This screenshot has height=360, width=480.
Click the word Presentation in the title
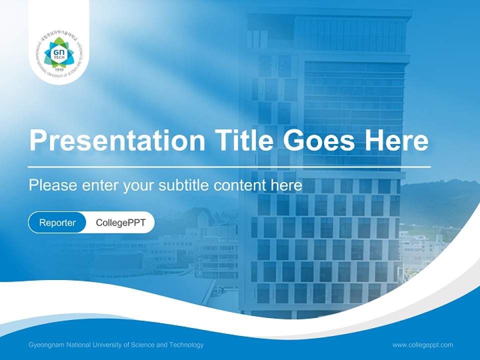pos(117,141)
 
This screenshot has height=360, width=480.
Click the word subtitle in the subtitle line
pos(184,185)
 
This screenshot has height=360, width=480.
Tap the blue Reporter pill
pos(57,222)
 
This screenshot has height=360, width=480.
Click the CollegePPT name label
pos(120,222)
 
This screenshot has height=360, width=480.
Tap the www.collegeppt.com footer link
pos(422,345)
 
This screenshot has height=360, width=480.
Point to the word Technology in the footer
pos(186,345)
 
